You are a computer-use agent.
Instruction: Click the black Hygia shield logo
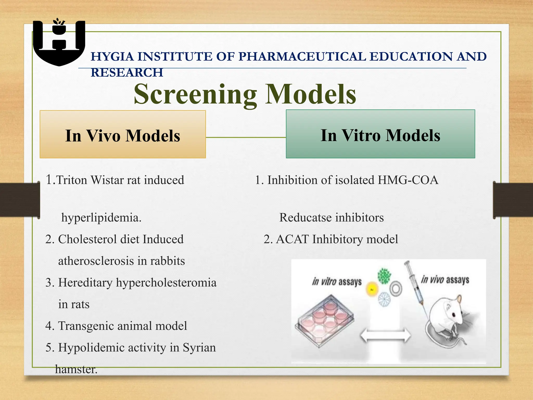(59, 43)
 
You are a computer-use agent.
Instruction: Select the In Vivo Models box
(123, 134)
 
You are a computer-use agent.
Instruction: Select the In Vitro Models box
(380, 134)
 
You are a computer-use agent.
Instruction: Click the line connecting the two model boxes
(246, 137)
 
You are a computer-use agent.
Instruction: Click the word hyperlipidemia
(101, 217)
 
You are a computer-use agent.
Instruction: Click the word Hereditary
(85, 283)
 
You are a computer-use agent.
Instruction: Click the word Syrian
(199, 347)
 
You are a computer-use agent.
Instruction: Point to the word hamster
(76, 369)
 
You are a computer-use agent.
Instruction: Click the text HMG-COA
(408, 180)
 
